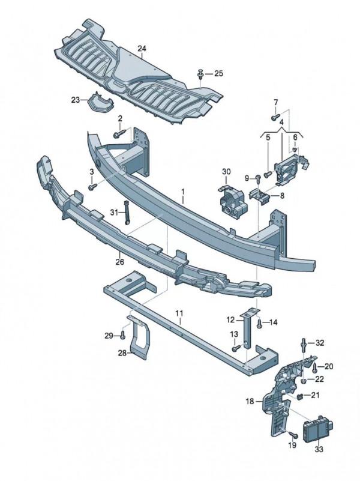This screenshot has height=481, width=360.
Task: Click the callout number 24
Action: pyautogui.click(x=142, y=49)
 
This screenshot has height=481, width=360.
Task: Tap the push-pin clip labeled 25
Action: pyautogui.click(x=200, y=74)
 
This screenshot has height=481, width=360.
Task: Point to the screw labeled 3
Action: pyautogui.click(x=92, y=186)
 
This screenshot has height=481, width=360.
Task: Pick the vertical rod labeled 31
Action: pyautogui.click(x=126, y=213)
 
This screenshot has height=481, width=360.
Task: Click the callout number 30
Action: pyautogui.click(x=226, y=172)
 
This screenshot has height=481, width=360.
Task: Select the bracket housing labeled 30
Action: pyautogui.click(x=232, y=202)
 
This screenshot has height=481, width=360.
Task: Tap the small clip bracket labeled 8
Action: pyautogui.click(x=260, y=196)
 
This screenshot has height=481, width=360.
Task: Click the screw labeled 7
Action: pyautogui.click(x=275, y=116)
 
